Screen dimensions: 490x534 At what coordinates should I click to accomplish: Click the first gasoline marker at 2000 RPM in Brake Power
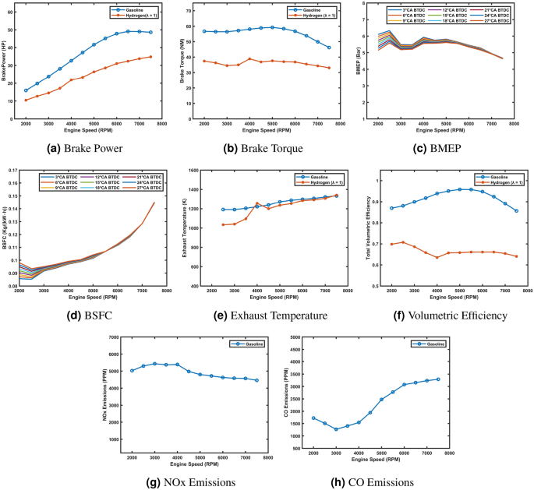(26, 90)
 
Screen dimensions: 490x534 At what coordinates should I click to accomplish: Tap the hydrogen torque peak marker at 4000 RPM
(249, 59)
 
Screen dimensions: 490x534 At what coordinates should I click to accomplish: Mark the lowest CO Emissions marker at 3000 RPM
(336, 429)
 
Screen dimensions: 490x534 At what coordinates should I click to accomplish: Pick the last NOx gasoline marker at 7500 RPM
(256, 380)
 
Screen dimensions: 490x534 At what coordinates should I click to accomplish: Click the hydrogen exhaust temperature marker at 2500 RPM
(223, 224)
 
